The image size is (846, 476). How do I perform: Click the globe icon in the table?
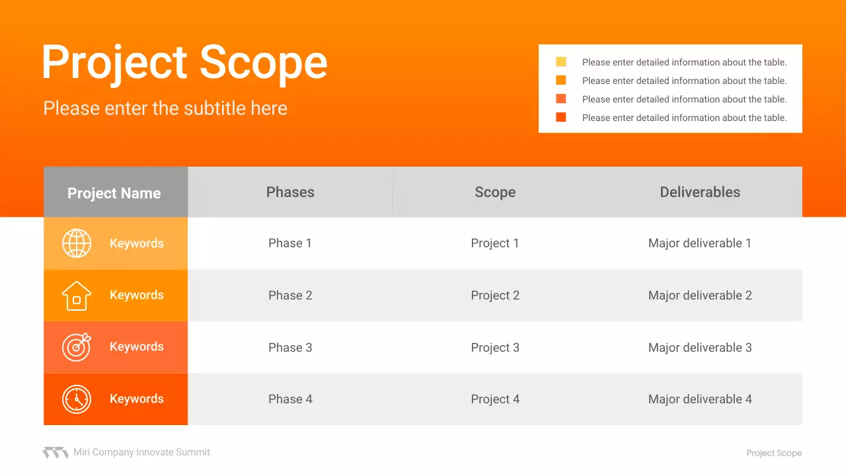77,243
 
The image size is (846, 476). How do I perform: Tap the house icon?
77,296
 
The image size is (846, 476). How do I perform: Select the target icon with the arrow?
77,347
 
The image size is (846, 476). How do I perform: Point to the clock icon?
77,399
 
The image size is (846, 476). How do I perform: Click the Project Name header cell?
116,192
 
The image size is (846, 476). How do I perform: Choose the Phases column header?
290,192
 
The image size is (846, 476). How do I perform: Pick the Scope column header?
495,192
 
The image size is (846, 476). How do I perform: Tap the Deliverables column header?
700,192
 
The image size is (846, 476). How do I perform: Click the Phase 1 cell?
290,243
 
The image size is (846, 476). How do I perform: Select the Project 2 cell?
495,296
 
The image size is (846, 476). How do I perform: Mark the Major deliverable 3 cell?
700,348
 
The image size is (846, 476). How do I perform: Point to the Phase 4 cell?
290,399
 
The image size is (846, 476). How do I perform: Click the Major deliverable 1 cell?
700,243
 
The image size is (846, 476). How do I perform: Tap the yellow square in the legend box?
561,61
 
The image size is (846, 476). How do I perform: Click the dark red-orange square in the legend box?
561,117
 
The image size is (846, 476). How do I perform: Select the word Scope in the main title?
263,62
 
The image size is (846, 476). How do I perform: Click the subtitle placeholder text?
165,108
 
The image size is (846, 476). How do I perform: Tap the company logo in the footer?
56,453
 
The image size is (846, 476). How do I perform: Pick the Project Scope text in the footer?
774,453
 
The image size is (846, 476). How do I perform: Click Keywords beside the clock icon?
137,399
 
